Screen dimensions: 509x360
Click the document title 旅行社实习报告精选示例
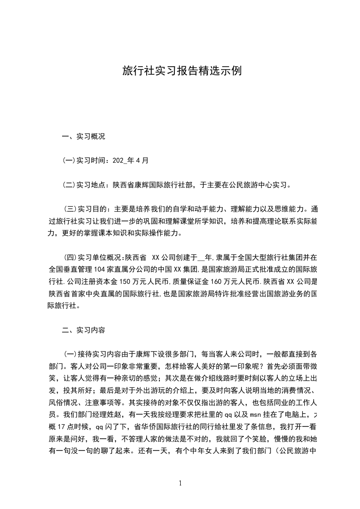point(180,71)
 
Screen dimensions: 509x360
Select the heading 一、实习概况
point(83,136)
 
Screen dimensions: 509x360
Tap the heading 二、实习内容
point(83,330)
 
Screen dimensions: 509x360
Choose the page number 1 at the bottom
point(180,483)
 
